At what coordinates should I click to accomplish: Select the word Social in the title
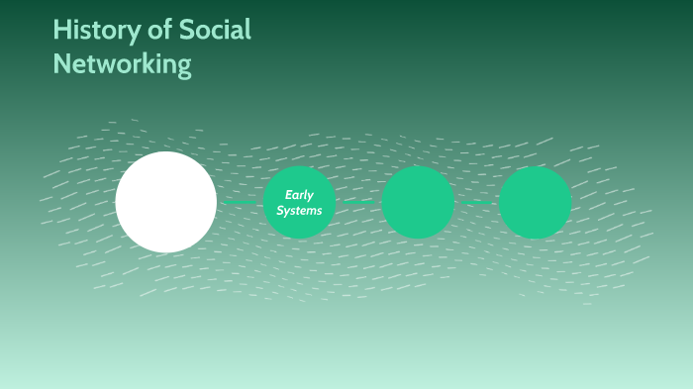215,31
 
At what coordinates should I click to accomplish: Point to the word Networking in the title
122,64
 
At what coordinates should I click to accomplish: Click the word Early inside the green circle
299,195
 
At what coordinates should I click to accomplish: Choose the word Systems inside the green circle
299,211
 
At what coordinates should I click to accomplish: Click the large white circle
165,202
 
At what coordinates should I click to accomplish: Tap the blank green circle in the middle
418,202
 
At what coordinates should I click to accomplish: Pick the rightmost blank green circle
535,202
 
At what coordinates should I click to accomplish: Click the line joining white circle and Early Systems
240,202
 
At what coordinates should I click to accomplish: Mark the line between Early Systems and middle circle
358,202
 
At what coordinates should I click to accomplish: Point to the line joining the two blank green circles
476,202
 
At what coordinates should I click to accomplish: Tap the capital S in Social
187,31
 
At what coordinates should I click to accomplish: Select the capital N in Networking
62,64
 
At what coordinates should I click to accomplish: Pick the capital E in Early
288,195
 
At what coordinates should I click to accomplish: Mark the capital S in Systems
280,211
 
